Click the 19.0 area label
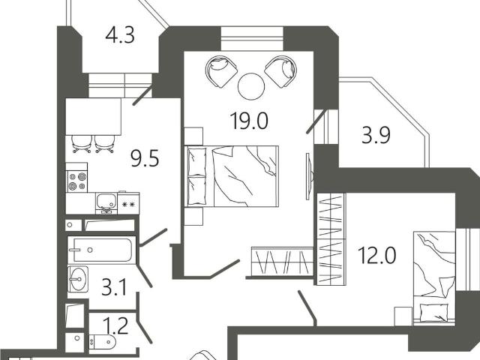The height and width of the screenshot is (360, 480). coord(249,121)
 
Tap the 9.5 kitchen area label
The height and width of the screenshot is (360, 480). coord(145,160)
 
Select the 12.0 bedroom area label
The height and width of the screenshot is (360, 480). coord(376,255)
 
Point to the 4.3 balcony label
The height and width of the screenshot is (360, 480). coord(120,35)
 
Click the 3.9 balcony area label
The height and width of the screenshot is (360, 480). coord(376,136)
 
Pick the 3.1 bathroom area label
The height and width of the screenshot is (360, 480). coord(114,287)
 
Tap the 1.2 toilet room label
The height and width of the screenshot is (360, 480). coord(115,325)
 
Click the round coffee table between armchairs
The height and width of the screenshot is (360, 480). coord(251,86)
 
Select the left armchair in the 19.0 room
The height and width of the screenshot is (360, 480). coord(222,72)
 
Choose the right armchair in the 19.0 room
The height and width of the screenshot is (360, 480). coord(280,72)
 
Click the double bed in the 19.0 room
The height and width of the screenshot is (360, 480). coord(232,176)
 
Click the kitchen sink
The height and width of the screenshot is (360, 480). coord(106,202)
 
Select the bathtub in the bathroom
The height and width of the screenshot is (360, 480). coord(102,250)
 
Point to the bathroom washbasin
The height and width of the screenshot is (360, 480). coord(78,279)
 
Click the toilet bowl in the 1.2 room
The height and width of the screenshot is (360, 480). coord(102,342)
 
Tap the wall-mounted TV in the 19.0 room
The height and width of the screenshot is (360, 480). coord(310,177)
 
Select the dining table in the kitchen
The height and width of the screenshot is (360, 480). coord(93,116)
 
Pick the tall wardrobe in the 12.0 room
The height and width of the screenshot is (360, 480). coord(331,239)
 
